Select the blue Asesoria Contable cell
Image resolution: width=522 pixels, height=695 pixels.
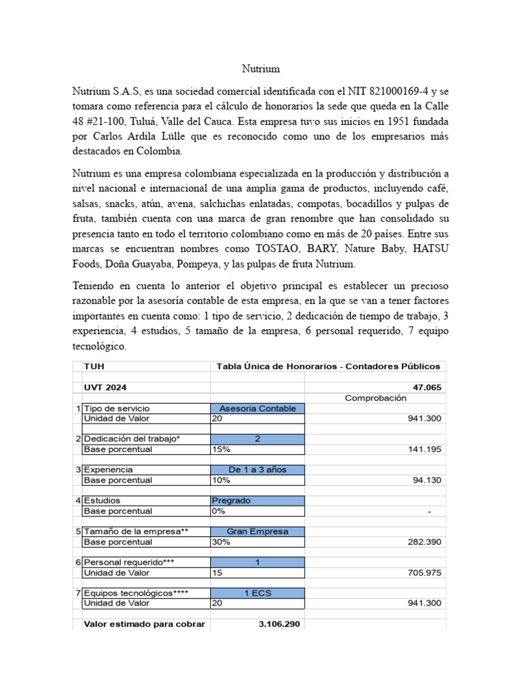pyautogui.click(x=258, y=409)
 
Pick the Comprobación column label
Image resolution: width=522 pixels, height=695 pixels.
pyautogui.click(x=375, y=398)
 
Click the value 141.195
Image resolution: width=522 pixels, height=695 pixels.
pyautogui.click(x=426, y=449)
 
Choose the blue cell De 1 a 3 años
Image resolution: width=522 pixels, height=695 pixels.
pyautogui.click(x=258, y=470)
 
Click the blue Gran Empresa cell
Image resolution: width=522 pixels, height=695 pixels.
pyautogui.click(x=258, y=531)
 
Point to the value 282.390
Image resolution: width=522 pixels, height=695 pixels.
pyautogui.click(x=426, y=542)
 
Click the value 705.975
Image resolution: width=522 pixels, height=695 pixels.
pyautogui.click(x=426, y=573)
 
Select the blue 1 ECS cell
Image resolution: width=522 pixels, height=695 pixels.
pyautogui.click(x=258, y=593)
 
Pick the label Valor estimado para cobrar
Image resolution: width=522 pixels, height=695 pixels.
pyautogui.click(x=143, y=624)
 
